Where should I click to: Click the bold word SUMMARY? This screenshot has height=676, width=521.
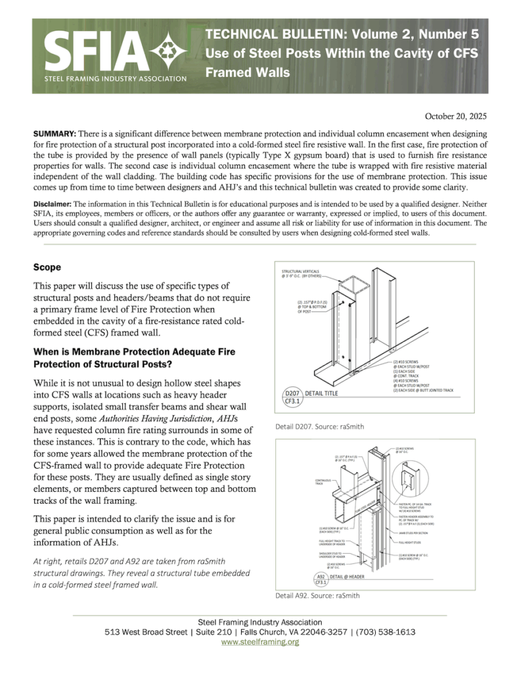pyautogui.click(x=54, y=134)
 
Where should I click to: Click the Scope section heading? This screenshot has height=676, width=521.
pyautogui.click(x=48, y=267)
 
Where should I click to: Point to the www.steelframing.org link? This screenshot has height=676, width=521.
pyautogui.click(x=260, y=641)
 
